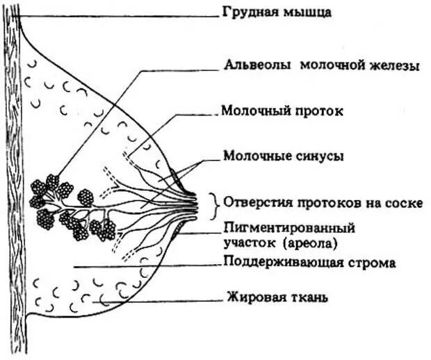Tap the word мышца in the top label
click(293, 13)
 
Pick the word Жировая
click(250, 299)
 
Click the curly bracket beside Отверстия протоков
click(215, 203)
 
